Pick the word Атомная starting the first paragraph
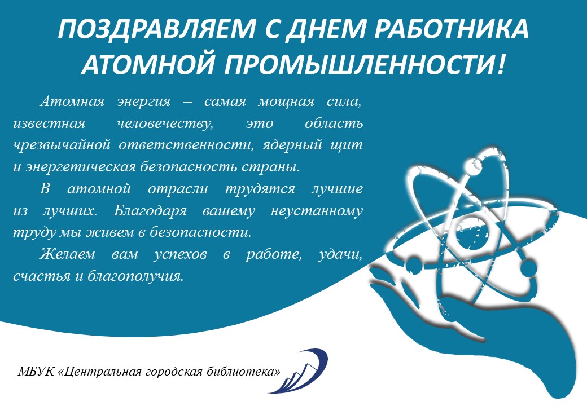click(72, 101)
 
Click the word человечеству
click(165, 123)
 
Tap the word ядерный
click(292, 145)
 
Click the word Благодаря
click(150, 210)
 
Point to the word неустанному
click(317, 211)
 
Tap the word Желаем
click(67, 254)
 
